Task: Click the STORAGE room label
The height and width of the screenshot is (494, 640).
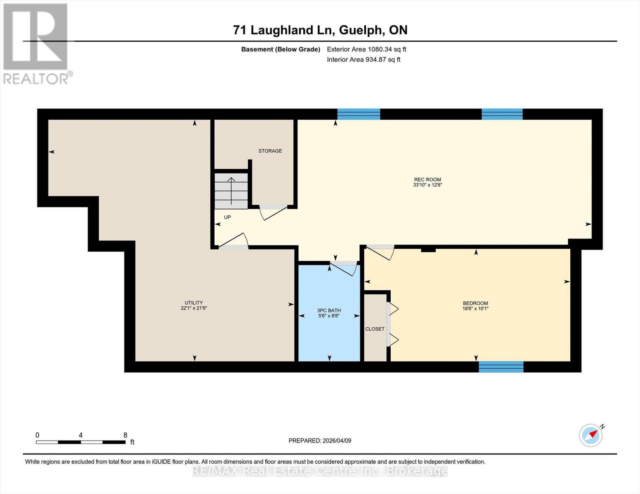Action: click(270, 151)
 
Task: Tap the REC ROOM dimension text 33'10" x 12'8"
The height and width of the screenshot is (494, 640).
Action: click(427, 185)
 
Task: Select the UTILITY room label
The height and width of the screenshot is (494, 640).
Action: click(193, 303)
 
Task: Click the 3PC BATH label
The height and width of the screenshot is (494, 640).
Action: click(329, 310)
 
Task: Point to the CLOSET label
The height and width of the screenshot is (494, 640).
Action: click(375, 329)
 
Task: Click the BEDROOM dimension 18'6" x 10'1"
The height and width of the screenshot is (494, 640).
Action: click(475, 309)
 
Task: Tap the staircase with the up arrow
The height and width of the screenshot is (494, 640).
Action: click(231, 191)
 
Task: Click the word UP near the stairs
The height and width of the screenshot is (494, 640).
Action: click(227, 217)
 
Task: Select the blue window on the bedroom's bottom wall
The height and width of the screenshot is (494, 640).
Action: click(501, 366)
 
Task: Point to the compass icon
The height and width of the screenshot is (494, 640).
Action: click(591, 435)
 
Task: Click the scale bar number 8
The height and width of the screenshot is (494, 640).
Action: click(125, 435)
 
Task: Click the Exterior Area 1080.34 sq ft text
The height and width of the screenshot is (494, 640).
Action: click(366, 49)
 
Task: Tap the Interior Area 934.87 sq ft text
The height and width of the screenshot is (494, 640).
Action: click(363, 60)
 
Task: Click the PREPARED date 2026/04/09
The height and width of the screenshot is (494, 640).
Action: click(320, 440)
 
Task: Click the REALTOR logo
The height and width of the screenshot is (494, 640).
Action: click(36, 43)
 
